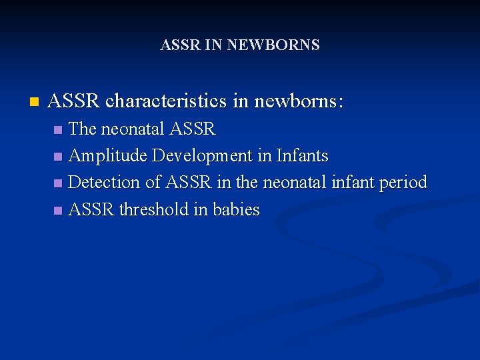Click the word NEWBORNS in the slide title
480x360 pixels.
273,45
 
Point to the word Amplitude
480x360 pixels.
108,156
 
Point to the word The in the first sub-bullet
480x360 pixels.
83,129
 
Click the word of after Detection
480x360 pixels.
153,183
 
